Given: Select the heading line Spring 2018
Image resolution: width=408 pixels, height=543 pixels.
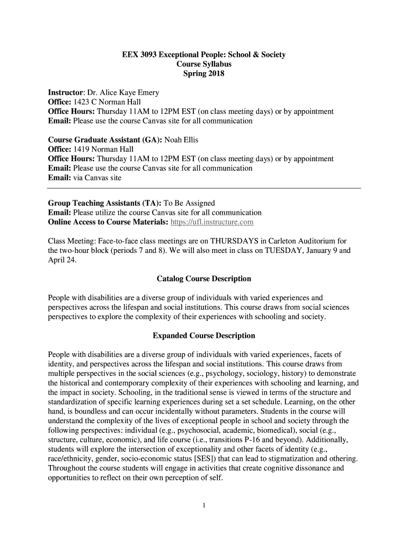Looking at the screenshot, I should point(204,74).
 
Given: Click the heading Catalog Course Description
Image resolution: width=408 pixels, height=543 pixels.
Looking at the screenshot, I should point(204,278).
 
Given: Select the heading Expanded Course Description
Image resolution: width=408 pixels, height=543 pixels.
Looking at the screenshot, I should point(204,336).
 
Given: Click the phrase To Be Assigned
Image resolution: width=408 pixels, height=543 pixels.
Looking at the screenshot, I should point(189,203).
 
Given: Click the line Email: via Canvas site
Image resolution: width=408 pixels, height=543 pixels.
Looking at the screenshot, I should point(85,178).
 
